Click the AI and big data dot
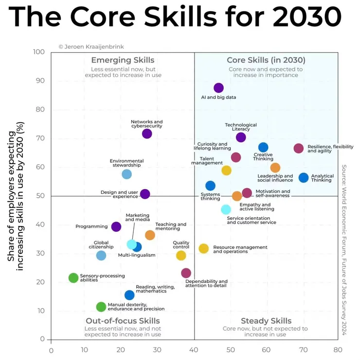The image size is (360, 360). point(218,88)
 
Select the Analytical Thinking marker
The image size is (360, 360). point(304,178)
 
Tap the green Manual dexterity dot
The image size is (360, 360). point(101,306)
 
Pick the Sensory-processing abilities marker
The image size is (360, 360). point(73,278)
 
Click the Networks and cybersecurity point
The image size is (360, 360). point(147,133)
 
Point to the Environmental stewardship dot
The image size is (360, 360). point(126,174)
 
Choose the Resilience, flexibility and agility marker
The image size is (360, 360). point(299,148)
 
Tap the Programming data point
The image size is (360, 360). point(116,227)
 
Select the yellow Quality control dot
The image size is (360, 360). point(181,256)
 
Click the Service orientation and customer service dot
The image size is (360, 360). point(226,209)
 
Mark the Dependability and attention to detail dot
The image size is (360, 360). point(186,273)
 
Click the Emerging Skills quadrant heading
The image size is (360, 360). point(123,60)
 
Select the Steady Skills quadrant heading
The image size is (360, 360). point(266,321)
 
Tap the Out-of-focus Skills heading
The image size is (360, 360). point(123,321)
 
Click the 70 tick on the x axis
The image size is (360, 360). point(304,349)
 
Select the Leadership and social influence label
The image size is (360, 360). point(275,178)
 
